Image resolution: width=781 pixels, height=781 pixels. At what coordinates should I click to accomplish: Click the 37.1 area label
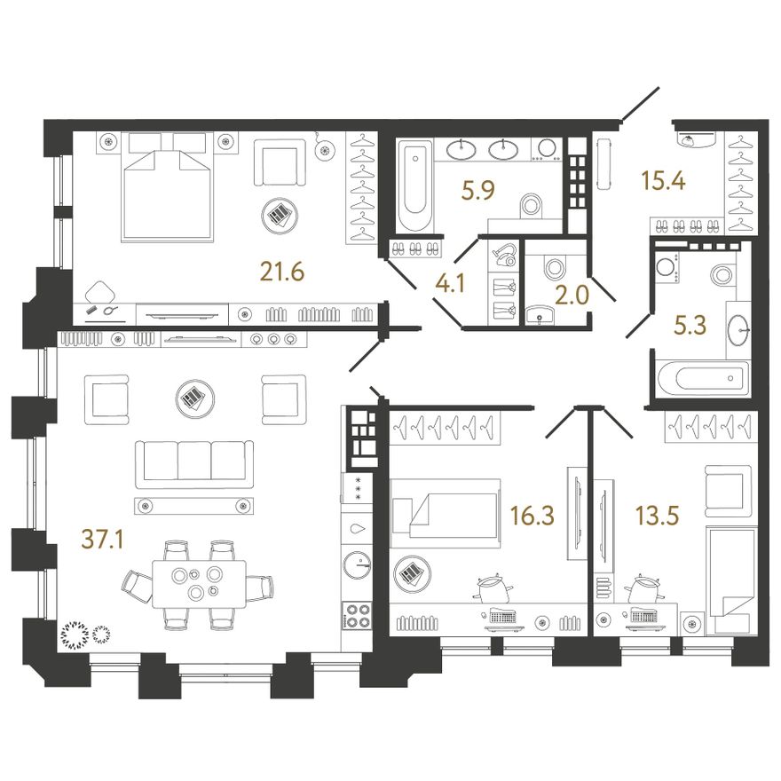click(102, 540)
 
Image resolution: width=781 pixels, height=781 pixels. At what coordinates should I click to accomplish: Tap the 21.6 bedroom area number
click(282, 272)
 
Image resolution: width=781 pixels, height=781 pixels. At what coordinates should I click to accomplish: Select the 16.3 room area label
click(532, 515)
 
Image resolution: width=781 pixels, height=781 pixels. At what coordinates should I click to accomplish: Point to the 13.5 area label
click(658, 515)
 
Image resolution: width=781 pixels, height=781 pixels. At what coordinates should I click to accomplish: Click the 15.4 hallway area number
click(664, 180)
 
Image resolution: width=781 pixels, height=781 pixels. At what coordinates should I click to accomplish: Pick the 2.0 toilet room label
click(572, 296)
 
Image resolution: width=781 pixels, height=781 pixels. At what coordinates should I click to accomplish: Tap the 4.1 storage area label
click(450, 284)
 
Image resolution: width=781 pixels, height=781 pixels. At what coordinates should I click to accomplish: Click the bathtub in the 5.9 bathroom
click(414, 185)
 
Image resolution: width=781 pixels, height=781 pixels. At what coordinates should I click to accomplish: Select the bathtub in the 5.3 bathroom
click(703, 378)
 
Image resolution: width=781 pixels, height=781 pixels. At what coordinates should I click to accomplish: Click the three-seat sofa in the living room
click(194, 464)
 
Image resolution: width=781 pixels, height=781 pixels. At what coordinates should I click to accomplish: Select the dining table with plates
click(199, 584)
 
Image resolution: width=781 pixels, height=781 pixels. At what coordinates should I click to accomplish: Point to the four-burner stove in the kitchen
click(357, 616)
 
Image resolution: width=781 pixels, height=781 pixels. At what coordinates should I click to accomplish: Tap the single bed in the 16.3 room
click(445, 514)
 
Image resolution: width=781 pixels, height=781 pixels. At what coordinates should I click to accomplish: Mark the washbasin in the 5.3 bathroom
click(738, 330)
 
